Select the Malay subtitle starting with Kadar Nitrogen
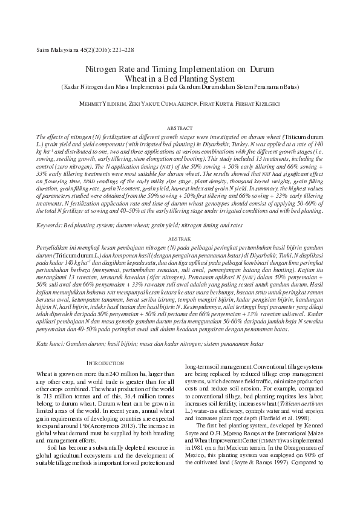(180, 86)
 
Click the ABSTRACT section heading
(180, 129)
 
